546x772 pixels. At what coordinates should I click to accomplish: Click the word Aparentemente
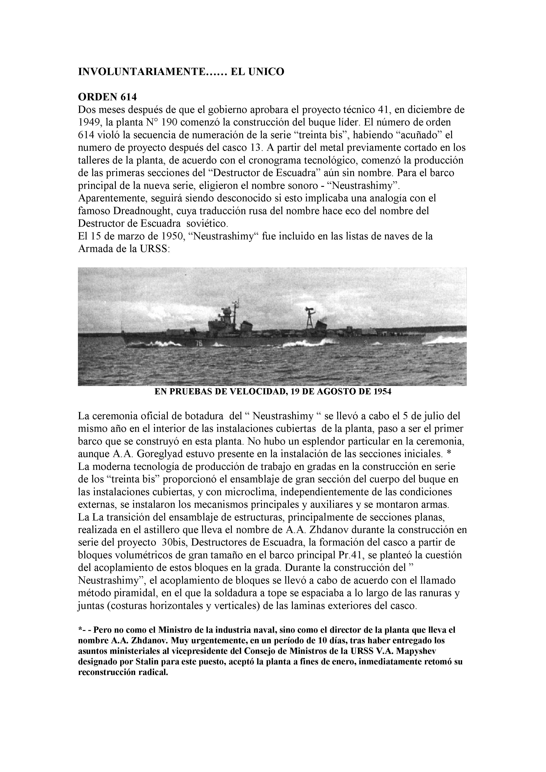(x=113, y=198)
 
